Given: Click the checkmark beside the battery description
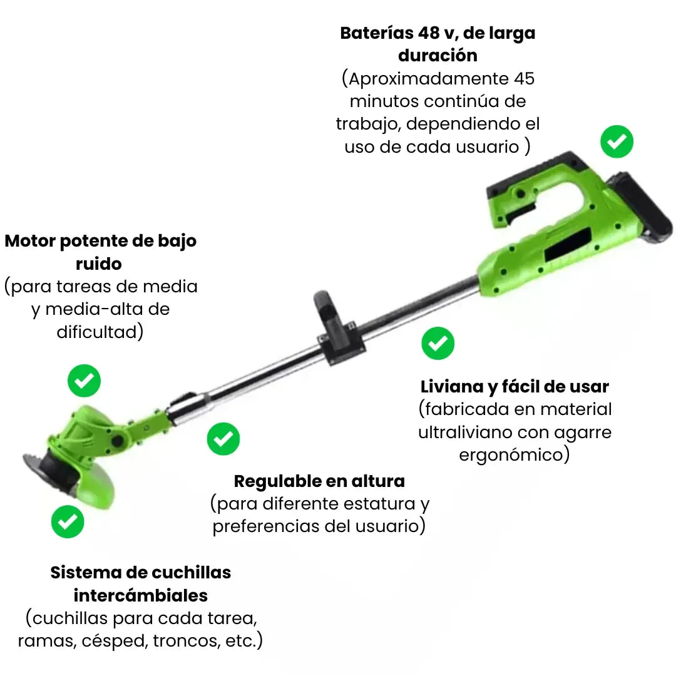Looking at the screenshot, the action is [617, 141].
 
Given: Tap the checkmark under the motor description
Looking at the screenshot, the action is [84, 381].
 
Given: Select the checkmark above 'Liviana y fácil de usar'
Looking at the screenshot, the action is [438, 343].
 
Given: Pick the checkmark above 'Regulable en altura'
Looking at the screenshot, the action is [223, 438].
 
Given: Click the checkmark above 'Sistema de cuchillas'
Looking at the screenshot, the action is [68, 521].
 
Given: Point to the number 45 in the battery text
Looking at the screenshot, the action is [524, 78].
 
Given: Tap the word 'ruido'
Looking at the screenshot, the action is [99, 264].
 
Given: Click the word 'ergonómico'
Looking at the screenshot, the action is [511, 455].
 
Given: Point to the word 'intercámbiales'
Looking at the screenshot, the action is [141, 595].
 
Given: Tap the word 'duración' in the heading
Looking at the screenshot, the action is [438, 56].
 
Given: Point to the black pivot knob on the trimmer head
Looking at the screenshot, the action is [117, 441].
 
